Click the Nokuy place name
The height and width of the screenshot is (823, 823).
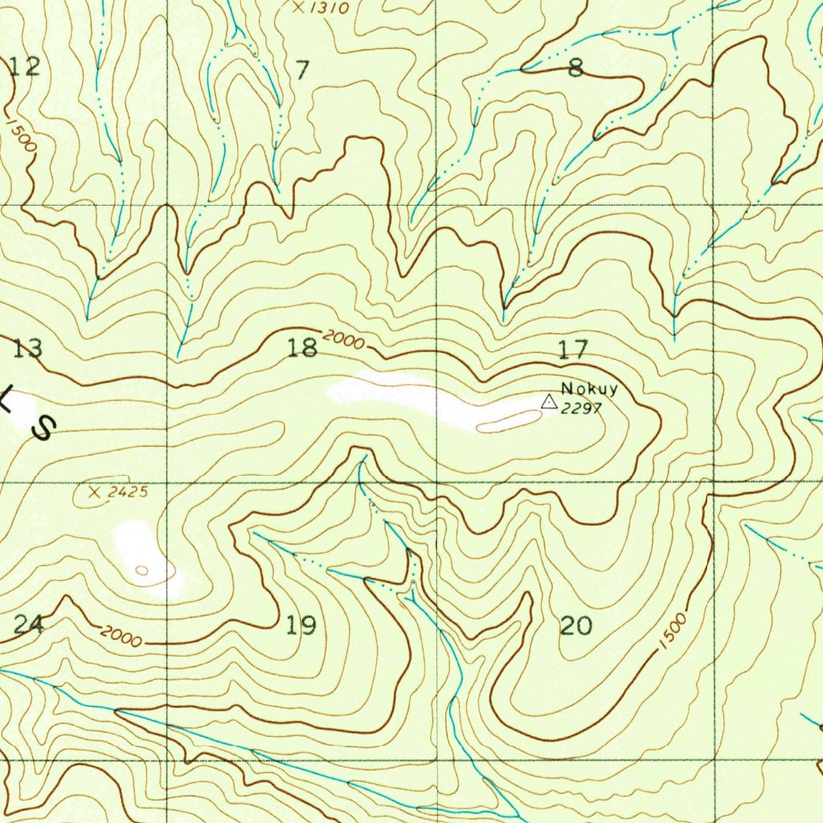[x=590, y=390]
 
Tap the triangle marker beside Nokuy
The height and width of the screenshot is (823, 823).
[x=549, y=401]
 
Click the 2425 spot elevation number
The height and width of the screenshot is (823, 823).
[x=129, y=492]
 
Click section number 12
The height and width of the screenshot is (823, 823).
[x=25, y=67]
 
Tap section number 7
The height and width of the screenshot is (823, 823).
[x=301, y=71]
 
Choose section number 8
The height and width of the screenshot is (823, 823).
[x=575, y=69]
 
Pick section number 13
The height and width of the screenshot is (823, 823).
[x=27, y=349]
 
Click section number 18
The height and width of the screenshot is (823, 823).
[x=302, y=348]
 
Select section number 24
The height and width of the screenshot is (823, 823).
[x=29, y=624]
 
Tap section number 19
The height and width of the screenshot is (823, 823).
[x=301, y=624]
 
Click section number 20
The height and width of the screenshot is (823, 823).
[x=575, y=624]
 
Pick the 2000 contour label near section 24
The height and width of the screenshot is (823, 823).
[x=122, y=638]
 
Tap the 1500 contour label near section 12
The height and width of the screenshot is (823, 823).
[x=23, y=134]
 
